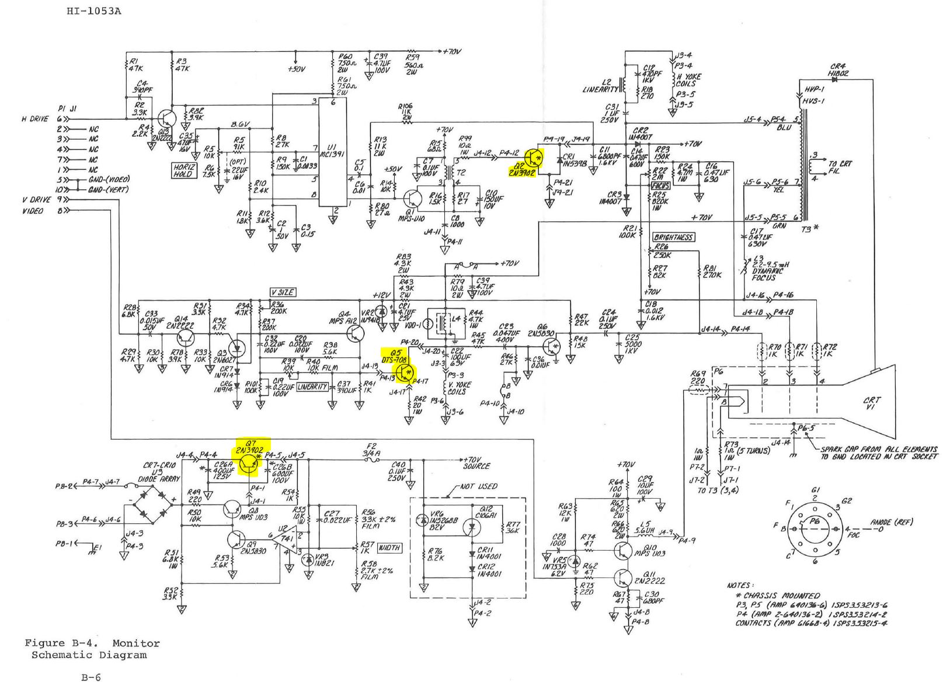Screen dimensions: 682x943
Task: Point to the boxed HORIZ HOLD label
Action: (x=183, y=170)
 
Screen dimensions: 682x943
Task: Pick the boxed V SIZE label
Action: (x=282, y=292)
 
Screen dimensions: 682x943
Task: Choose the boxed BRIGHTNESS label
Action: (x=673, y=237)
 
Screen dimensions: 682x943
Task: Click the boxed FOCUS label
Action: (x=660, y=185)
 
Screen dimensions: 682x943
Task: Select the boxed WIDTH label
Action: (x=389, y=547)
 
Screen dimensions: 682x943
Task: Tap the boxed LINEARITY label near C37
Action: (x=312, y=387)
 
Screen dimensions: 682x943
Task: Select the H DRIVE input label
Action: (x=35, y=119)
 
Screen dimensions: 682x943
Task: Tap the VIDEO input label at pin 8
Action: (x=33, y=211)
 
